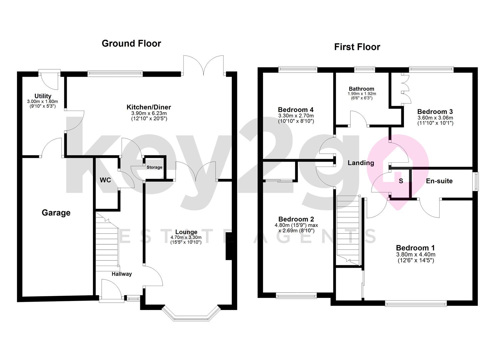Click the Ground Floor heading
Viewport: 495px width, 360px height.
point(131,44)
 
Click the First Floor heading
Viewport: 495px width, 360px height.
point(357,47)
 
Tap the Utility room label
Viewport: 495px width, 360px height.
point(43,96)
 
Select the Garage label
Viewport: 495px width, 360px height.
point(56,213)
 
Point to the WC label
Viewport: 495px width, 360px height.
point(105,180)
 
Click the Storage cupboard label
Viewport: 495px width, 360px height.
point(154,167)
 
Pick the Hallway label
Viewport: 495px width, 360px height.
point(122,274)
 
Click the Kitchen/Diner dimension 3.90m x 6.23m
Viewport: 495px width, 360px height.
point(149,113)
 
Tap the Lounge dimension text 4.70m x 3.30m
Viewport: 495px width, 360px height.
point(186,237)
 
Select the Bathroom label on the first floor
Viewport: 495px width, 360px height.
point(362,89)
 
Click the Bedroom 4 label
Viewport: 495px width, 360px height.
point(296,110)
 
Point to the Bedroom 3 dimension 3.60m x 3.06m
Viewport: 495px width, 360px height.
point(435,118)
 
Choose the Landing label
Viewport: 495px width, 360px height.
point(361,163)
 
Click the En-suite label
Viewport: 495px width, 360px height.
point(439,181)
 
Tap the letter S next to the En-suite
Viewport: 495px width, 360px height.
point(401,181)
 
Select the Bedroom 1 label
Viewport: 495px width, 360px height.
point(415,248)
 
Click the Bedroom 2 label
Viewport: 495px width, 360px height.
point(296,219)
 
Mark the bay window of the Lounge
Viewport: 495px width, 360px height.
point(191,314)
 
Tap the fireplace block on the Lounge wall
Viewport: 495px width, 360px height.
point(228,246)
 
